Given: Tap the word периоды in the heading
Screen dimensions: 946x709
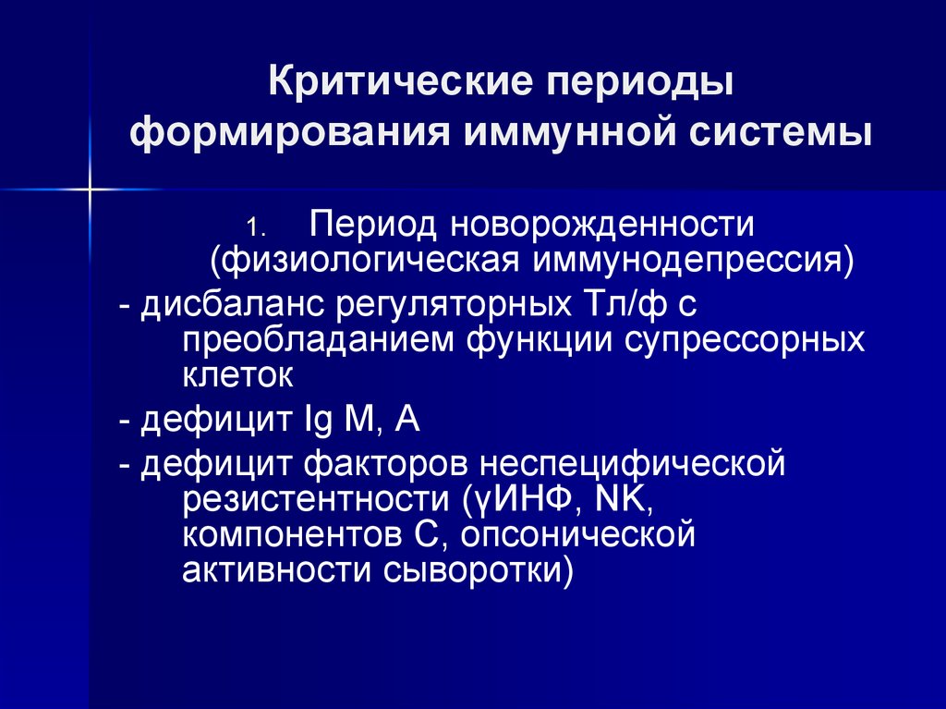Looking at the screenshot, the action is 640,84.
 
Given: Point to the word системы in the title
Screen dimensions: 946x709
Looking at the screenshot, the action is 781,133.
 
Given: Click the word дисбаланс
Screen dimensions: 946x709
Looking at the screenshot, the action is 234,304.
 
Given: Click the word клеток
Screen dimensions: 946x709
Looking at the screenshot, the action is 237,375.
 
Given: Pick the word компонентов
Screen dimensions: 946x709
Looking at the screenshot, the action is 292,536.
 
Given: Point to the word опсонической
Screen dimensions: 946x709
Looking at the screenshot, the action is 578,535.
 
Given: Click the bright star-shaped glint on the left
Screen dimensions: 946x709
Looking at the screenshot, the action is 90,189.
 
